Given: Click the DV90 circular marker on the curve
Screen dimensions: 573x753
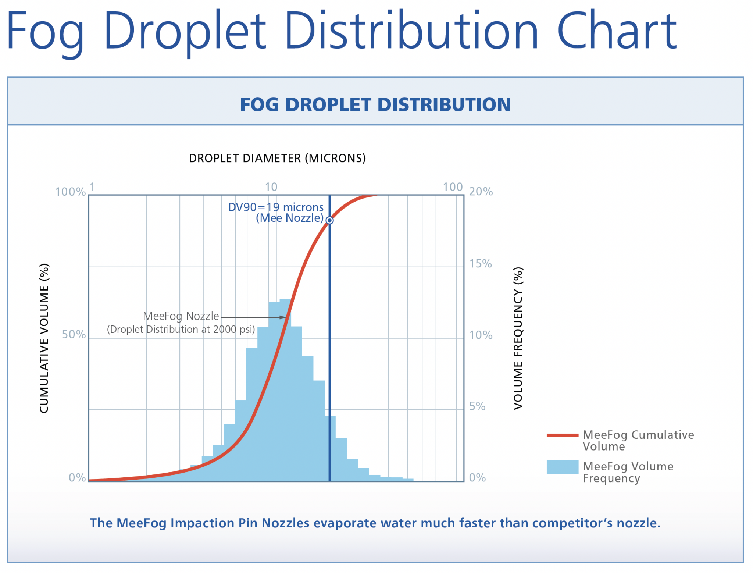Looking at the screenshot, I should [x=330, y=220].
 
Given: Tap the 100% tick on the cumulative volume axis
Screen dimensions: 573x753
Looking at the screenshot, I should [x=70, y=192].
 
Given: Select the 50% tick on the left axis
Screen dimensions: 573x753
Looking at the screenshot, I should [x=74, y=335].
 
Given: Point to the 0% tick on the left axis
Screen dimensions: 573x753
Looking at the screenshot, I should [x=77, y=477].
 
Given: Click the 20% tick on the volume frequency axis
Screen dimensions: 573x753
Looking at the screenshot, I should [x=481, y=192].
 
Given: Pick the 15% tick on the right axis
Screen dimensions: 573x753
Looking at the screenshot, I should [x=480, y=263].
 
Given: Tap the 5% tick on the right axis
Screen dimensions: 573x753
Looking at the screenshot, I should [x=477, y=406].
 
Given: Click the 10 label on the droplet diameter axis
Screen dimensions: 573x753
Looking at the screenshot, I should [x=271, y=187].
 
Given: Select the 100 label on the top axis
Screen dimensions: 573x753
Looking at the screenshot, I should [x=453, y=187].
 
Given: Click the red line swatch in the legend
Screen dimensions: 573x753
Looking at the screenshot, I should [x=562, y=435].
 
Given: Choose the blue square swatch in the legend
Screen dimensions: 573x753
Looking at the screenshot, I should [x=562, y=467].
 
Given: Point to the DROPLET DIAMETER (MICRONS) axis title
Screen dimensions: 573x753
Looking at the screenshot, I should [x=277, y=158].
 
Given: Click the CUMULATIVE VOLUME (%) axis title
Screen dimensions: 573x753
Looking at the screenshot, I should [x=44, y=338].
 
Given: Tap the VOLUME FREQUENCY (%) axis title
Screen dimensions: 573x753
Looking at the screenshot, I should [x=518, y=338].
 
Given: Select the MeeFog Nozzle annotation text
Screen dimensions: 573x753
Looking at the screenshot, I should [x=181, y=316].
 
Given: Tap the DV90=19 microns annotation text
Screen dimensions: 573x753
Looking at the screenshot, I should [x=276, y=207].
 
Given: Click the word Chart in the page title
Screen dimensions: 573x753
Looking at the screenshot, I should [x=617, y=31].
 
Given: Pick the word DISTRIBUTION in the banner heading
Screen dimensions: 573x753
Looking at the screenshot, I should [x=444, y=104].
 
